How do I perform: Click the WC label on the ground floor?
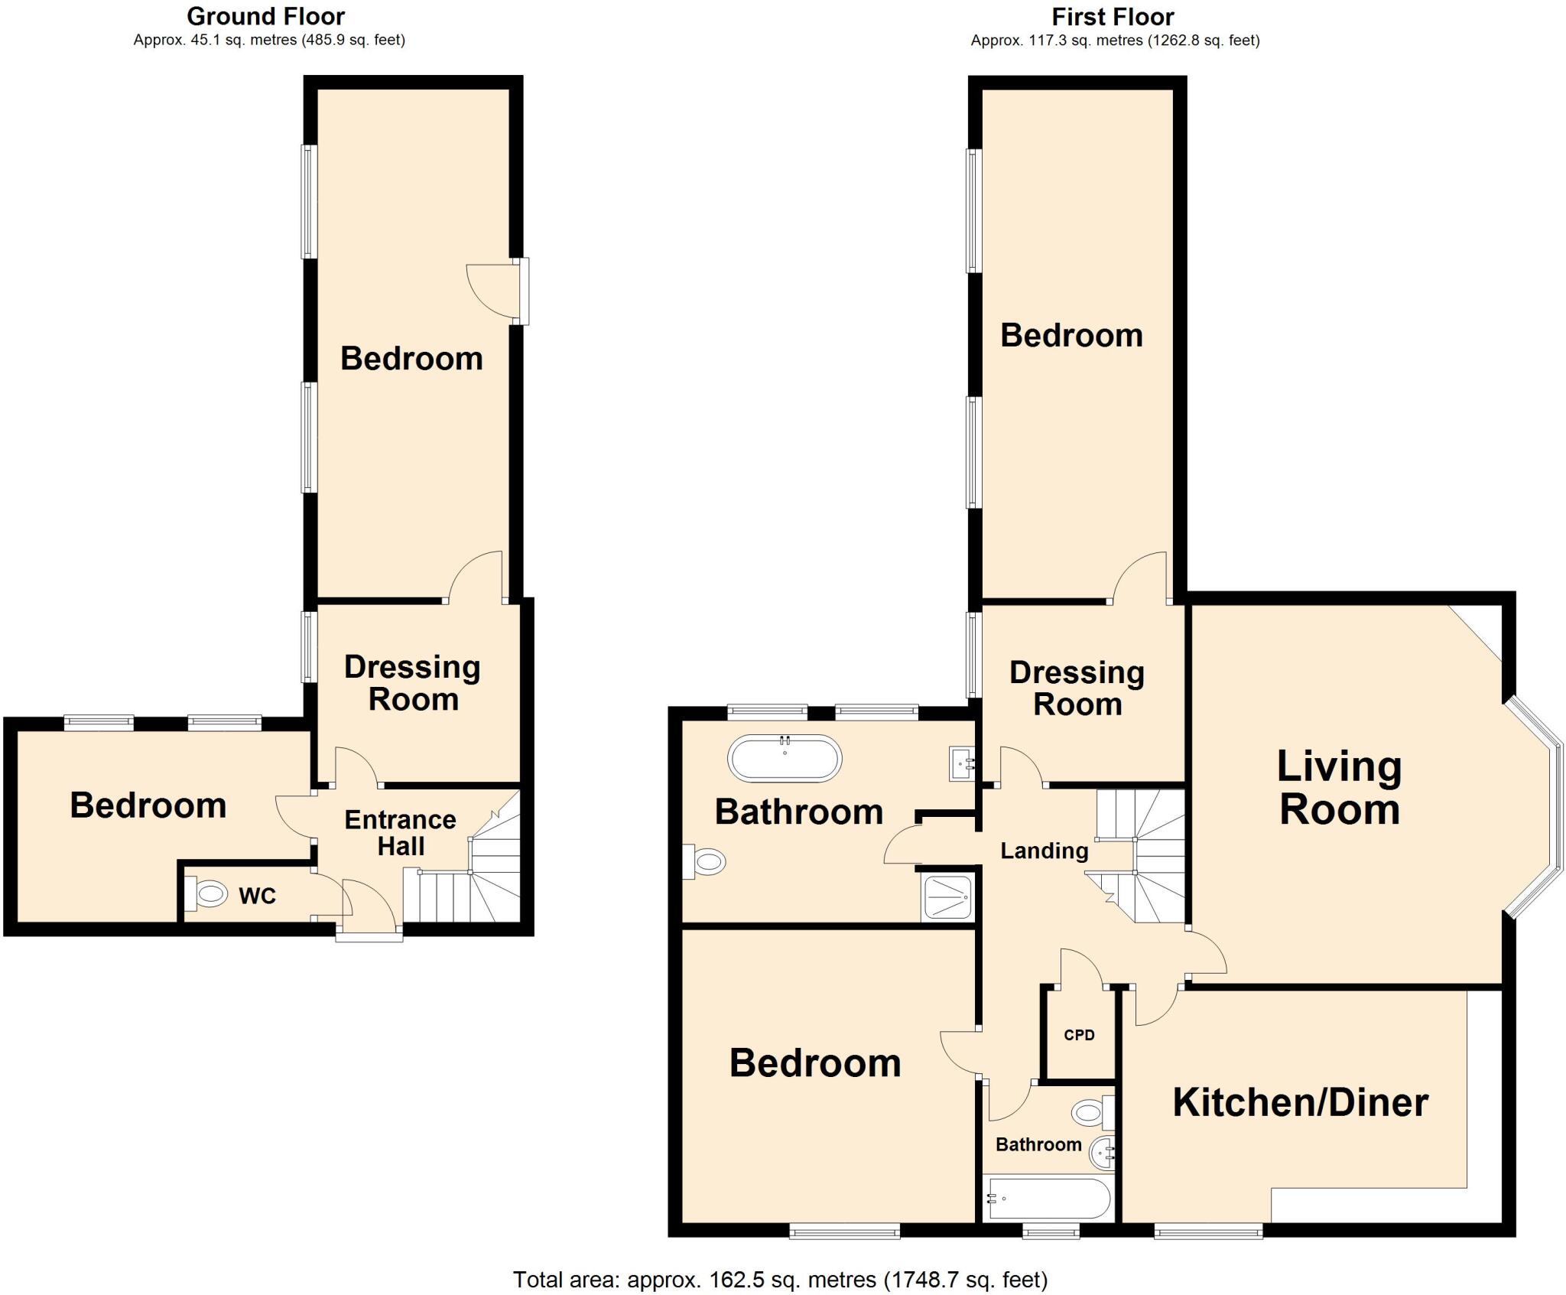(257, 896)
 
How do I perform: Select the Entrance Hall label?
(400, 833)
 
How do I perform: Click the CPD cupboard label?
(1079, 1035)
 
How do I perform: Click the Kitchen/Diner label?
(1300, 1102)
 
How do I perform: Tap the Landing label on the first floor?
(1044, 851)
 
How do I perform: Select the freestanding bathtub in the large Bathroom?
(785, 758)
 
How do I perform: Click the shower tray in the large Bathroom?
(948, 897)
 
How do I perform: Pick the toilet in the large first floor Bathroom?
(705, 862)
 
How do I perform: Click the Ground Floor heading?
(265, 16)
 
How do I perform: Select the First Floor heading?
(1113, 16)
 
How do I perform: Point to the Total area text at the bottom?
(780, 1279)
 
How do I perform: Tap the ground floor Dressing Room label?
(413, 683)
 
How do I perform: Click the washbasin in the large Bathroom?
(962, 763)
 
